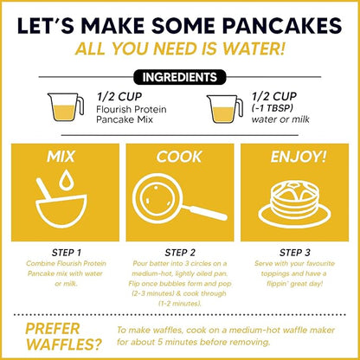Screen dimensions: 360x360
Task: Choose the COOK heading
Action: [180, 157]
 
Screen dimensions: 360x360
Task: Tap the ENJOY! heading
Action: [299, 157]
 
